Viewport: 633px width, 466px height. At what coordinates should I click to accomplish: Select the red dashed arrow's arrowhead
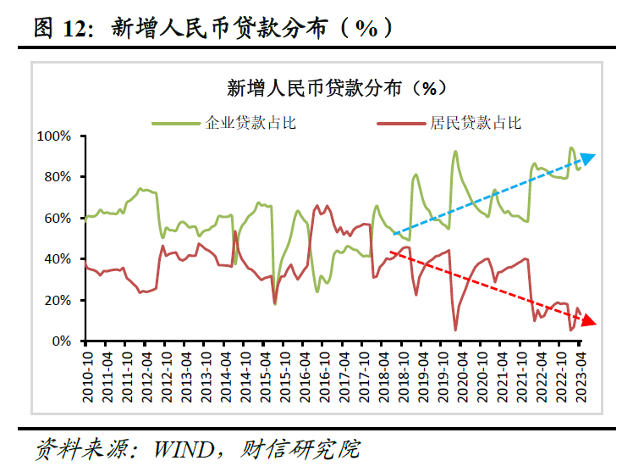click(590, 321)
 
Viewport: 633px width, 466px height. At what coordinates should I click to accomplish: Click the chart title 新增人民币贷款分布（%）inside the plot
click(336, 88)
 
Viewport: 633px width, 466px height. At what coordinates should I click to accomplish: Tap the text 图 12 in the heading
click(63, 27)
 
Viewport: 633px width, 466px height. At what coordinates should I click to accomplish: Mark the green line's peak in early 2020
click(455, 152)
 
